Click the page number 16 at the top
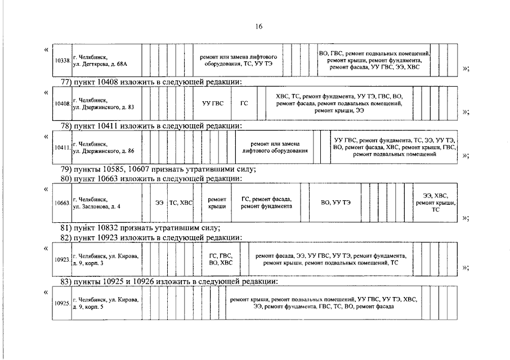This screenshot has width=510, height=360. click(x=259, y=26)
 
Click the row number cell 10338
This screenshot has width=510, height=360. click(x=62, y=60)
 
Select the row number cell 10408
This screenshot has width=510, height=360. click(x=62, y=103)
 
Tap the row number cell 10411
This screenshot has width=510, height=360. click(x=62, y=147)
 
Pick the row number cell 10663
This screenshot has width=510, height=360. click(x=62, y=202)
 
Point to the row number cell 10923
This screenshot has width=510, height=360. click(x=62, y=259)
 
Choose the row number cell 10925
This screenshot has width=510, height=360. click(x=62, y=303)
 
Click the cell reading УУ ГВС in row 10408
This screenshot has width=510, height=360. click(x=213, y=103)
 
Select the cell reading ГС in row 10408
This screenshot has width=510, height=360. click(x=244, y=103)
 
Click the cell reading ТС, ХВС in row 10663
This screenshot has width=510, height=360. click(x=181, y=202)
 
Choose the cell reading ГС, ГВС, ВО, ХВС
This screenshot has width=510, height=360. click(x=221, y=259)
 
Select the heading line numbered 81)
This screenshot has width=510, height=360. click(x=140, y=228)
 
